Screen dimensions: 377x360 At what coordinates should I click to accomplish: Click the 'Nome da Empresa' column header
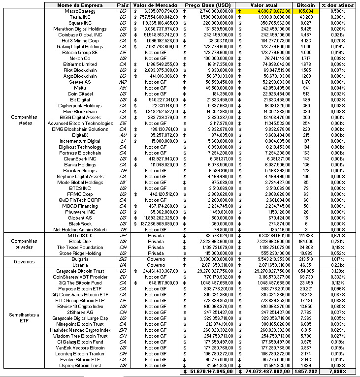[80, 4]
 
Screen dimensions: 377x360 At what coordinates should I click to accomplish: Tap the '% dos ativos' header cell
[336, 4]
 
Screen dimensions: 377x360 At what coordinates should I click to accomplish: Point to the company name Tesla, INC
[80, 16]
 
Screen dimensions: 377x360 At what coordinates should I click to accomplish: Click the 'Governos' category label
[22, 261]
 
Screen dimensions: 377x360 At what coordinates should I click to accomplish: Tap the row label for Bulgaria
[80, 258]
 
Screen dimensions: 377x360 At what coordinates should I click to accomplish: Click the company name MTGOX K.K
[80, 235]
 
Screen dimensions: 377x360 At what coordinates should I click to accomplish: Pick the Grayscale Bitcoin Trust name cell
[80, 271]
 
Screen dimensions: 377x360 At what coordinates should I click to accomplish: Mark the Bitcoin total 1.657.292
[306, 372]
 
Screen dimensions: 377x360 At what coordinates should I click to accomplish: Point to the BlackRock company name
[80, 223]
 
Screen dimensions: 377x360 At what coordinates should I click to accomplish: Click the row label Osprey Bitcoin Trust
[80, 365]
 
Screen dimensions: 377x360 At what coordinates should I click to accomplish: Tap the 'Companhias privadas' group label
[22, 244]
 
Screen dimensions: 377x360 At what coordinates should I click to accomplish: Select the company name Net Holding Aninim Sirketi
[80, 229]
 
